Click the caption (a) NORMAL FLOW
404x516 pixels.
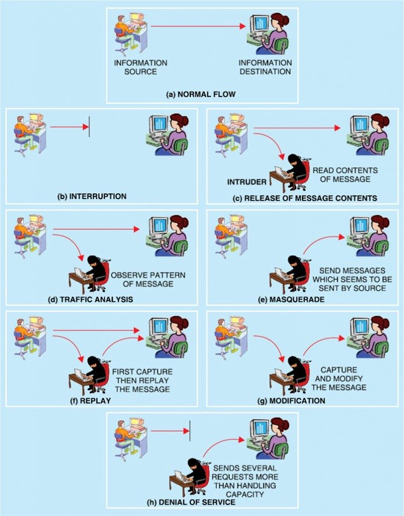(202, 93)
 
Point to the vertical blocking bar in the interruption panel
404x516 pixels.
(89, 127)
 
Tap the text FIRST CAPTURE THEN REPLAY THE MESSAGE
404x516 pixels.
(141, 380)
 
